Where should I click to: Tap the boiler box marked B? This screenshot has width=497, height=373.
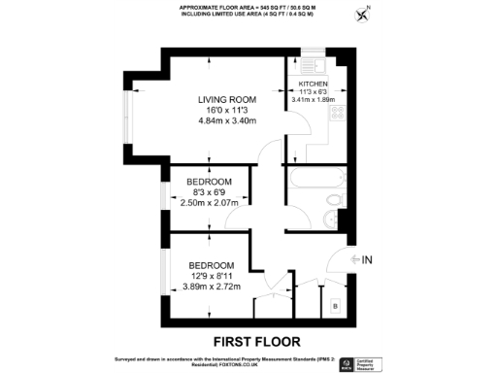click(x=335, y=307)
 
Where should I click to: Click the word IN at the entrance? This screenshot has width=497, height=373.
click(x=366, y=260)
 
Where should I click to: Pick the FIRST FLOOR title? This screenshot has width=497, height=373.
click(x=256, y=341)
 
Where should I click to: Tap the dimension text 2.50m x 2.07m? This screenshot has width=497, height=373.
click(x=210, y=204)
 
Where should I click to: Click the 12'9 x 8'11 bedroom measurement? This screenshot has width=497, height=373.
click(x=211, y=276)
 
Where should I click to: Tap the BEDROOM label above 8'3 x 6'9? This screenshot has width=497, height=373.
click(x=209, y=183)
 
